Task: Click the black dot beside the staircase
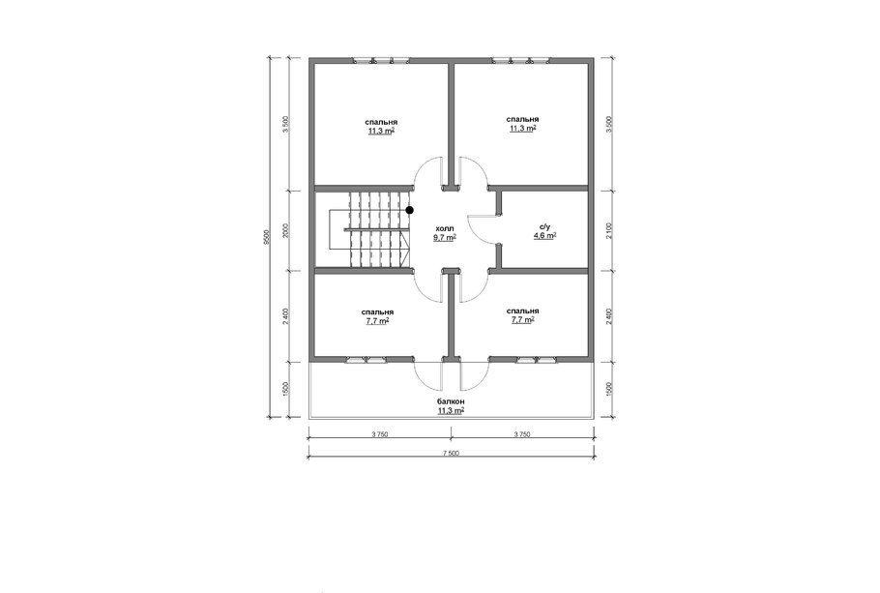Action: click(410, 210)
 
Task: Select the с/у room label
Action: click(545, 227)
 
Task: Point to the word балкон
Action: click(451, 401)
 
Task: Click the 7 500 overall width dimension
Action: click(451, 453)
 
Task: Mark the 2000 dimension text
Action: click(285, 231)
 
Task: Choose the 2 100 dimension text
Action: click(610, 231)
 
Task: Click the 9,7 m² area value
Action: click(444, 238)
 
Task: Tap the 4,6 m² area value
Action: click(545, 236)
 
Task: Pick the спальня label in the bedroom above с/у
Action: click(522, 119)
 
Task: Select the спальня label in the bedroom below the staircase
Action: click(377, 311)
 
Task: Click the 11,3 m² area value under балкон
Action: click(451, 410)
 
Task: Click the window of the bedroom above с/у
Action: click(521, 60)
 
